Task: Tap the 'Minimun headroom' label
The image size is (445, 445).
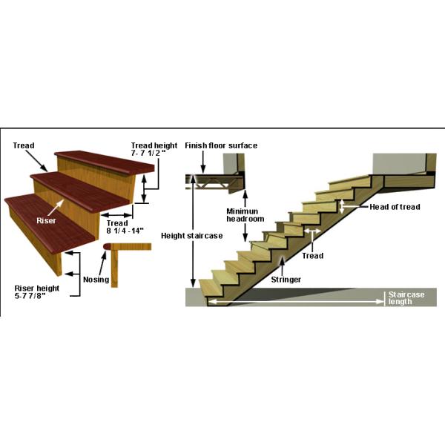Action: pos(245,215)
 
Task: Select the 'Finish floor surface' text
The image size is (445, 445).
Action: pos(221,146)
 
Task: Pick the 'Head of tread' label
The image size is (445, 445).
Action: pos(395,207)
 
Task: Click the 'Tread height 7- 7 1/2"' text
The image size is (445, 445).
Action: pos(155,149)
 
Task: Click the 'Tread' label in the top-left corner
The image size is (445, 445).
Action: pos(24,145)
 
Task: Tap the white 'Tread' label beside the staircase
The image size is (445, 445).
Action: pos(313,255)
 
